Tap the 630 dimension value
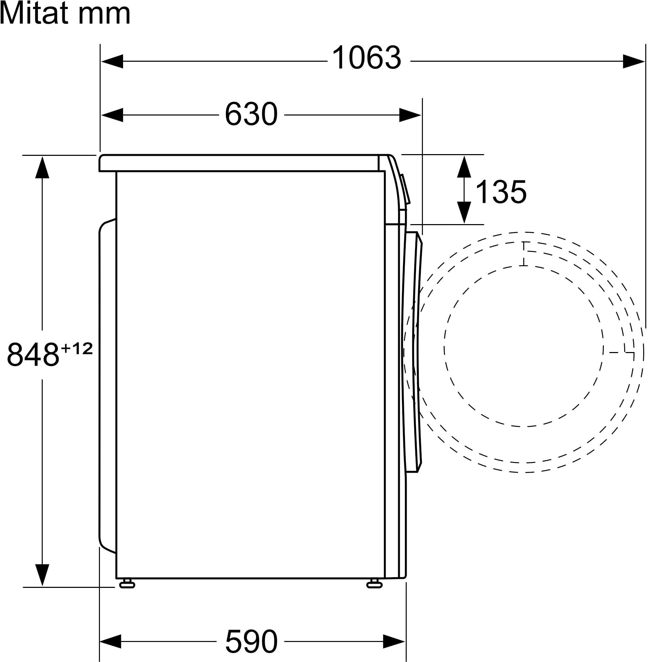[x=251, y=113]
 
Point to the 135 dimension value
[x=501, y=192]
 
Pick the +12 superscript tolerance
[x=77, y=349]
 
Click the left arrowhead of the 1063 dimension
[x=112, y=61]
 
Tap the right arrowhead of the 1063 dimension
[x=634, y=61]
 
